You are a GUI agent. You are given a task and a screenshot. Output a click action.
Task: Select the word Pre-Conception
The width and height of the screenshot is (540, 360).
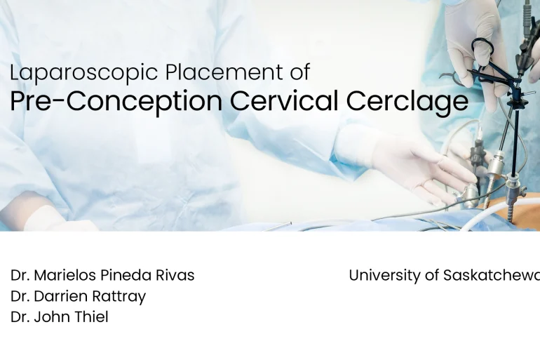(116, 102)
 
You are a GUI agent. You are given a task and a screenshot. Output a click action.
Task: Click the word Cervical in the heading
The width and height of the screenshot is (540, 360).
(284, 102)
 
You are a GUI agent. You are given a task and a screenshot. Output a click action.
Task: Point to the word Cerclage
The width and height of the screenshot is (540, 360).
(407, 102)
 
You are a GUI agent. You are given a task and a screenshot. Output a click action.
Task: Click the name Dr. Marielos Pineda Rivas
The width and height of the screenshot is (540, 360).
(102, 275)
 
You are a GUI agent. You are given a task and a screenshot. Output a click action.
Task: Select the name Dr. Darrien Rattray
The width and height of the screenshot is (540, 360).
(78, 296)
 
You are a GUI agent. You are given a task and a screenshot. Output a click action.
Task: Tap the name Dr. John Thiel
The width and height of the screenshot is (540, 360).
(60, 317)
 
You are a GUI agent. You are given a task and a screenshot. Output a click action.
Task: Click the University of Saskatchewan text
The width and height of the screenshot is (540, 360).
(444, 275)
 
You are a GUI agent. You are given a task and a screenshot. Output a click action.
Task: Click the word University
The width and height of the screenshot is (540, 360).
(383, 275)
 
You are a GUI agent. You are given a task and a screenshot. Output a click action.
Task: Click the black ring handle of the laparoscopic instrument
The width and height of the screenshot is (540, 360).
(482, 51)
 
